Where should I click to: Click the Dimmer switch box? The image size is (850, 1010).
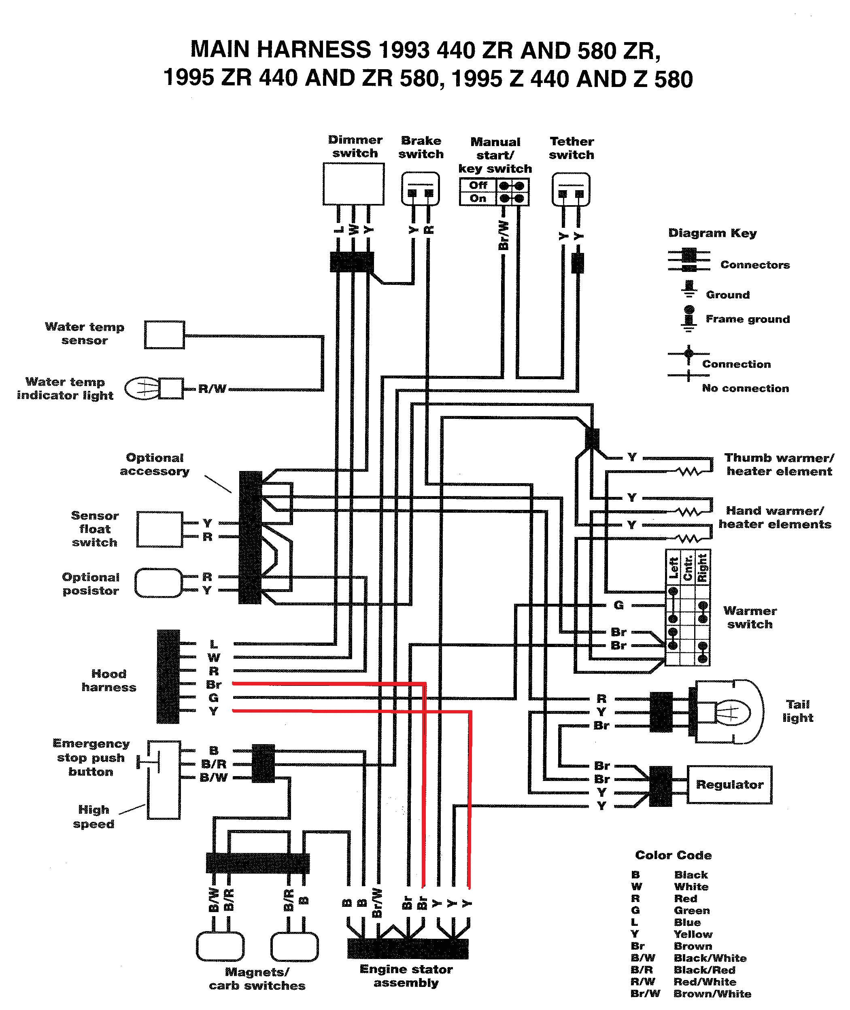tap(353, 184)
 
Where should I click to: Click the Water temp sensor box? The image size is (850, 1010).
tap(164, 335)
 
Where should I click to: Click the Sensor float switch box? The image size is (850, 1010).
tap(159, 529)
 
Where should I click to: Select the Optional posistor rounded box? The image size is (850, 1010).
tap(159, 583)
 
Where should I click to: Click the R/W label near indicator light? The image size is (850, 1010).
tap(212, 389)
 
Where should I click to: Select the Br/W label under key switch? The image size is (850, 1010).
tap(503, 236)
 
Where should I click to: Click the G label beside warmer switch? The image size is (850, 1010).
tap(619, 605)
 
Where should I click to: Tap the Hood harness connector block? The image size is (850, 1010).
tap(168, 676)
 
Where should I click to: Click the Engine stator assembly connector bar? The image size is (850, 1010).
tap(408, 948)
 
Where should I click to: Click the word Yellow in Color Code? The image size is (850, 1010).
tap(693, 934)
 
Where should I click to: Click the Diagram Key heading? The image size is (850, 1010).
tap(712, 233)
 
